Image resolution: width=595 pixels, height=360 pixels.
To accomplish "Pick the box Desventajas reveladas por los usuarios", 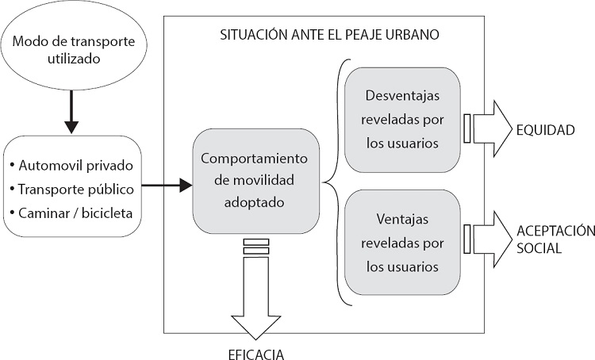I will [x=402, y=120].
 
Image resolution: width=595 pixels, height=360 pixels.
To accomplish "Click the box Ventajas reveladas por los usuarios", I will [x=402, y=242].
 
